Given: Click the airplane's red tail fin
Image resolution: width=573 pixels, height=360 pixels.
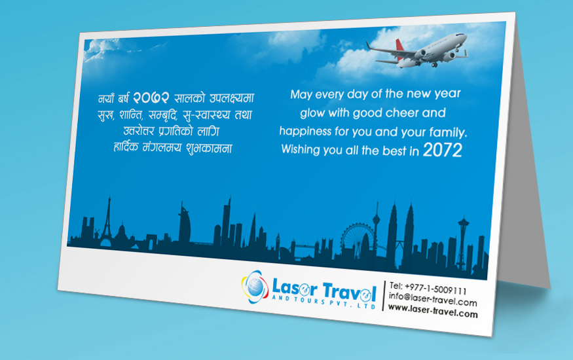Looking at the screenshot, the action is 399,46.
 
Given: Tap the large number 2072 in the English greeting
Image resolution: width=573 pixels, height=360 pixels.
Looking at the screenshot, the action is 443,150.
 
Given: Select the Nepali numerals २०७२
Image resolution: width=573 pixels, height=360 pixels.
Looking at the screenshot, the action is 151,98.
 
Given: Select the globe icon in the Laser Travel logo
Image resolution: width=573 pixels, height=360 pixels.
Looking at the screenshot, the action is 255,287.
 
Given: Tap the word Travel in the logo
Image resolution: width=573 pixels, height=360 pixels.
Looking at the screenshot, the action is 349,291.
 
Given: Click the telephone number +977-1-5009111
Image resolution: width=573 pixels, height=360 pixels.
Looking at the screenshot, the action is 435,289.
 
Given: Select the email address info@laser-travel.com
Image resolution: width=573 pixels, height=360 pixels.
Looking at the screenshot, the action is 433,299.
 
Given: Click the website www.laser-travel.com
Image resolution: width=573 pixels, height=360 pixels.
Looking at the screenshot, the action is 433,311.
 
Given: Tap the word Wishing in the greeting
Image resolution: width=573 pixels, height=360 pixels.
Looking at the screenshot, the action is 301,149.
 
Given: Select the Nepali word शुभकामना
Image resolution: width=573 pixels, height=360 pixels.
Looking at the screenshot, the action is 209,148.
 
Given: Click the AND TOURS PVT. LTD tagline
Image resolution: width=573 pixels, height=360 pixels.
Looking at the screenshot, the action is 323,302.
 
